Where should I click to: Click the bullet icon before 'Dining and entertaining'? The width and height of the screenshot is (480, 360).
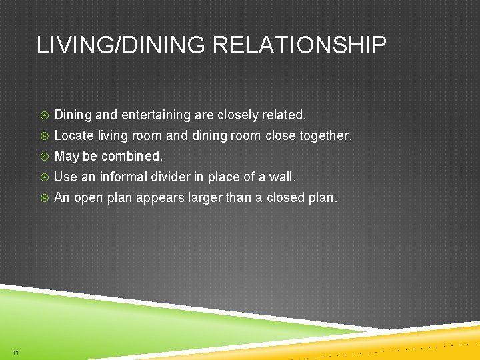pyautogui.click(x=43, y=115)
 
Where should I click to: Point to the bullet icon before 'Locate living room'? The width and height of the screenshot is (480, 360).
pyautogui.click(x=43, y=136)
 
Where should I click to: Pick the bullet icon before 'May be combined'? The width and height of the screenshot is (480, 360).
pyautogui.click(x=43, y=157)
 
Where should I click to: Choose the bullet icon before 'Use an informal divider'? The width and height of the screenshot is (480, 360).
pyautogui.click(x=43, y=177)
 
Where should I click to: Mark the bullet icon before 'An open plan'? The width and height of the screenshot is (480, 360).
pyautogui.click(x=43, y=198)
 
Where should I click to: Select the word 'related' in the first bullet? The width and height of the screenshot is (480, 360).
pyautogui.click(x=283, y=115)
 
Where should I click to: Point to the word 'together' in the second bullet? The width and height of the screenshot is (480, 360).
pyautogui.click(x=324, y=136)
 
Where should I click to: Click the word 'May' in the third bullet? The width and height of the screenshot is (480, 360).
pyautogui.click(x=65, y=157)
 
